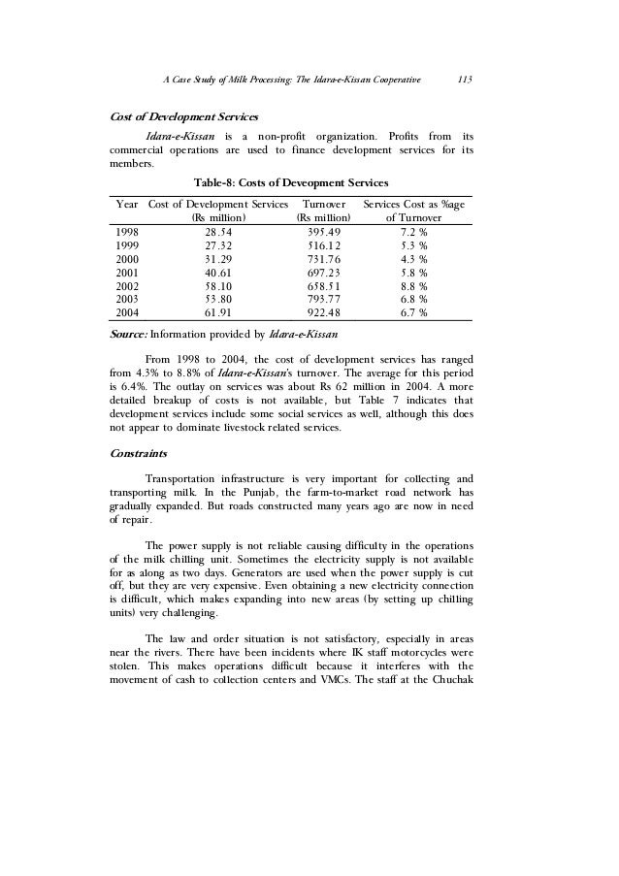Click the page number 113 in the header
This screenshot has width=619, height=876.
coord(464,80)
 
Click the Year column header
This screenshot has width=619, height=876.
coord(126,205)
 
